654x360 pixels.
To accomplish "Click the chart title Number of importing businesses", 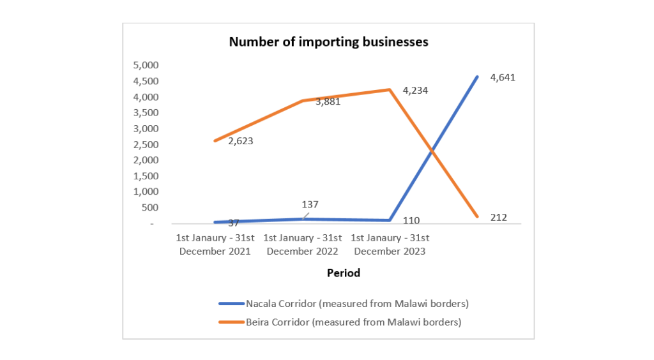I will [328, 43].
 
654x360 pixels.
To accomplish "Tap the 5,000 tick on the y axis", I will [144, 65].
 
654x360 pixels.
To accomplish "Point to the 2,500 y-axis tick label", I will [144, 144].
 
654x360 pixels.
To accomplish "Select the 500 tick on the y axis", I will [148, 207].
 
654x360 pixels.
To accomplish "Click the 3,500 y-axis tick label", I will [144, 112].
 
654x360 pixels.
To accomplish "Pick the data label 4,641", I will [503, 77].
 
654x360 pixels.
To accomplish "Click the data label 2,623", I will [241, 141].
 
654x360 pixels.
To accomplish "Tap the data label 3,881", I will [328, 101].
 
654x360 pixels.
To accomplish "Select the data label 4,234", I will [415, 91].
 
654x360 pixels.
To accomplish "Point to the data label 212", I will [499, 218].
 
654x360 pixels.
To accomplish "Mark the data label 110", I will [412, 220].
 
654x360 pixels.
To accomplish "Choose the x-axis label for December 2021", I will [215, 244].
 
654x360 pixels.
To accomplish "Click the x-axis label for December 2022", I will [303, 244].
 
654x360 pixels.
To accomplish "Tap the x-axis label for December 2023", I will [390, 244].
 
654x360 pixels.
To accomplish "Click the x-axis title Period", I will [344, 273].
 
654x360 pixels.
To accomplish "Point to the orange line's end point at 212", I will [477, 217].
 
